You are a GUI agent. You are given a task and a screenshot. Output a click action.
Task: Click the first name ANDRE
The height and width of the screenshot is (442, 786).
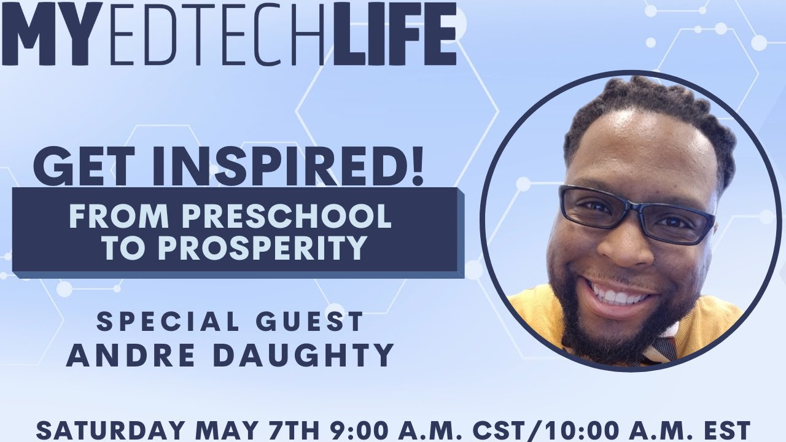click(x=123, y=354)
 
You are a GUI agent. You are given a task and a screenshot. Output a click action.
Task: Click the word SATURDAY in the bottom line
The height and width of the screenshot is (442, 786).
click(x=107, y=428)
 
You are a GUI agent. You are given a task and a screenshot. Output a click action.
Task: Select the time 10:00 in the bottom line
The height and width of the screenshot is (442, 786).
click(x=587, y=428)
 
